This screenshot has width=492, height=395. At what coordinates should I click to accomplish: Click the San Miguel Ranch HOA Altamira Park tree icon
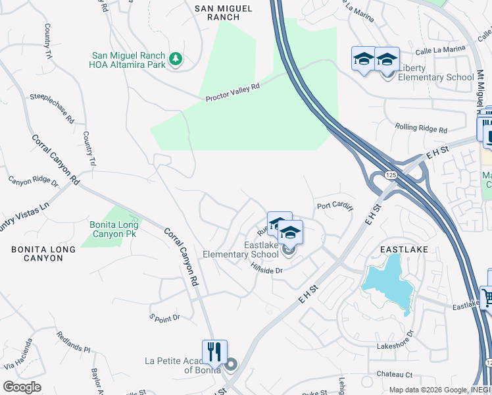175,59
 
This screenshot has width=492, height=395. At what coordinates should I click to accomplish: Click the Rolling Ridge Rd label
421,128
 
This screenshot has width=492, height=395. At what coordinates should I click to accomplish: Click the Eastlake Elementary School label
240,250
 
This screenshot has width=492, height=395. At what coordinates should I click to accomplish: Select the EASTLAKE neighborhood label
405,250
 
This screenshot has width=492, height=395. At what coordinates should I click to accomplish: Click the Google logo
22,386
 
